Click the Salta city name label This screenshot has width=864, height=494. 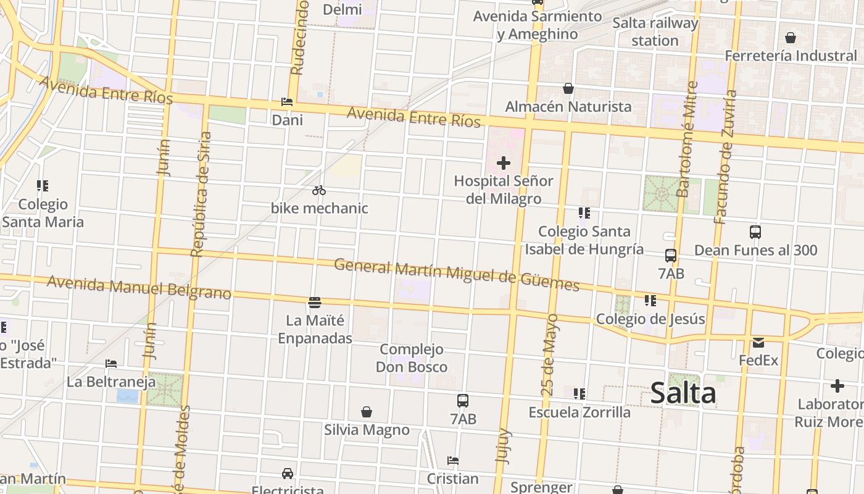pos(683,393)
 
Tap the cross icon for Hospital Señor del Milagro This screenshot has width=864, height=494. pos(504,163)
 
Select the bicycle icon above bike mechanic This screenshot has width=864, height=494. pos(319,190)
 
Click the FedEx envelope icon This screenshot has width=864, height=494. pos(758,342)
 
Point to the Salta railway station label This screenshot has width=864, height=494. pos(655,32)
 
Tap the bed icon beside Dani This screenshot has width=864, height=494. pos(287,102)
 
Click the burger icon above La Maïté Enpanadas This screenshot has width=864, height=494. pos(315,303)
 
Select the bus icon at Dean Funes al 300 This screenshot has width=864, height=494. pos(755,232)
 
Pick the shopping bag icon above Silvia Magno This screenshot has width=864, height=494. pos(367,412)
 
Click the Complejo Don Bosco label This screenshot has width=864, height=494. pos(412,358)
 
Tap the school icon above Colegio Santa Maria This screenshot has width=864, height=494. pos(43,185)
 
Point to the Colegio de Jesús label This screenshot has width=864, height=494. pos(650,319)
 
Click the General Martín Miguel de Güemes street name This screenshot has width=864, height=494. pos(457,275)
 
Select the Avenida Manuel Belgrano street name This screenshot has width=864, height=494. pos(139,287)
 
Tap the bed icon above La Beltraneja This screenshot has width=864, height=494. pos(111,364)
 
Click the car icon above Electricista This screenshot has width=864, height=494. pos(288,474)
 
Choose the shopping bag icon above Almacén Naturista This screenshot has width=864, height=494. pos(568,89)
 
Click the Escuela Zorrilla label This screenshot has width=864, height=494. pos(579,412)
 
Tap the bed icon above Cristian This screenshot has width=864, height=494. pos(453,461)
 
